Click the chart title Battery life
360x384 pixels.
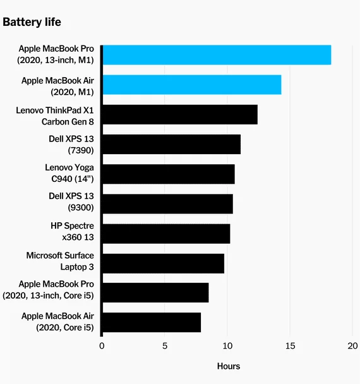(x=32, y=22)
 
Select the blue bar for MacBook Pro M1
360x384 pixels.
(x=217, y=55)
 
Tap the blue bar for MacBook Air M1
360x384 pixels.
(x=192, y=85)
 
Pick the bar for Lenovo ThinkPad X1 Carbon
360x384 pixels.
(x=180, y=114)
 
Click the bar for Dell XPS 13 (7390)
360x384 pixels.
(x=172, y=144)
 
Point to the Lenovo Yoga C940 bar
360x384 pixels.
(x=169, y=174)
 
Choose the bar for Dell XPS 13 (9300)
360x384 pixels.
(x=168, y=204)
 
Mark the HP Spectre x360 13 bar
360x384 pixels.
(x=166, y=234)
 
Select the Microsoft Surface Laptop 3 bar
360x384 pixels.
(x=164, y=263)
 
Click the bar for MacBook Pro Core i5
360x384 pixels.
(x=156, y=292)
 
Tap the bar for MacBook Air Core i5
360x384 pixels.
(x=152, y=322)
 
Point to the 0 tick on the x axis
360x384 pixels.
(x=102, y=346)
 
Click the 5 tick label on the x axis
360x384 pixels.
(x=165, y=346)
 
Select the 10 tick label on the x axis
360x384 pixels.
(x=227, y=346)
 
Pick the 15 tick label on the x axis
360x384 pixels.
(x=290, y=346)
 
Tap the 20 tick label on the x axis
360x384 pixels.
(x=352, y=346)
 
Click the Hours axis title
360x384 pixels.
(x=229, y=366)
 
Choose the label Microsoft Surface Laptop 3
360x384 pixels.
(x=60, y=261)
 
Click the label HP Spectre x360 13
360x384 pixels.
(x=72, y=231)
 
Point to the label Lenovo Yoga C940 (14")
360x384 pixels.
(x=69, y=173)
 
